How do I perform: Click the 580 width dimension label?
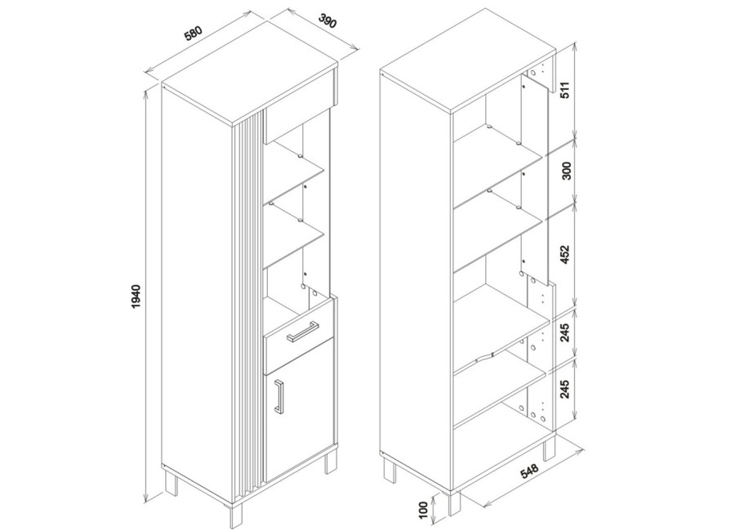point(193,33)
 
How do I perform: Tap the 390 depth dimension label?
point(327,21)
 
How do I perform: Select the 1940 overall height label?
point(136,297)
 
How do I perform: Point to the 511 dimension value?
point(565,90)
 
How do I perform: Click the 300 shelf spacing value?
point(566,171)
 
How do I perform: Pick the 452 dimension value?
point(565,254)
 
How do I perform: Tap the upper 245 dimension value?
point(565,332)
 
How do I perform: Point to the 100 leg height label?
point(424,510)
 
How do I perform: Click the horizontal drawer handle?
point(303,330)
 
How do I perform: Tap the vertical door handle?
point(279,397)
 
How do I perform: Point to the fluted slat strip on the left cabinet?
point(249,305)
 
